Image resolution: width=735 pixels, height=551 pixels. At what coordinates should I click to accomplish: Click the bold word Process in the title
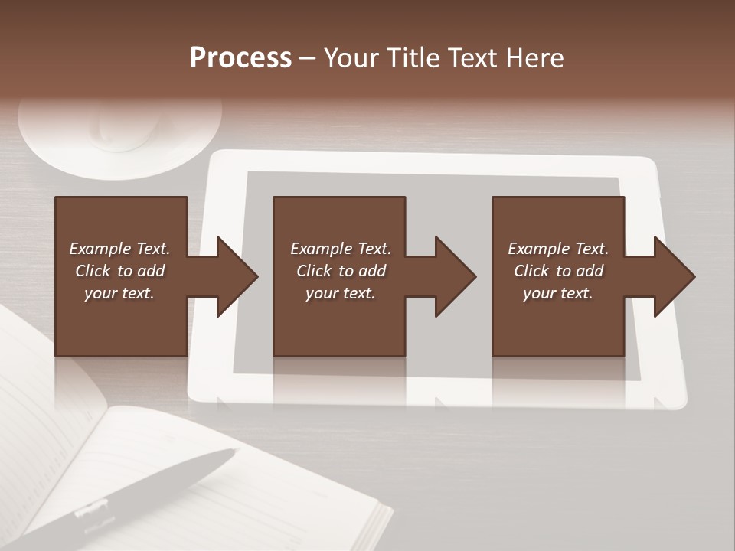[240, 58]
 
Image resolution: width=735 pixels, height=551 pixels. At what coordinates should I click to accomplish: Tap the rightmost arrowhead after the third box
[674, 276]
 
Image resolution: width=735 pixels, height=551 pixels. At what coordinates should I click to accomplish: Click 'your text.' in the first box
[119, 293]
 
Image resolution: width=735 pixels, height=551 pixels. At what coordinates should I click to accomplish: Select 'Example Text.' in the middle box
[341, 249]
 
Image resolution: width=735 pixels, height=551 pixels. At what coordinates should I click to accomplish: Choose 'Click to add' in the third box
[558, 271]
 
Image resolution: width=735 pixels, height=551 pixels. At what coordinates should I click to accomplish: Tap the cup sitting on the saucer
[126, 126]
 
